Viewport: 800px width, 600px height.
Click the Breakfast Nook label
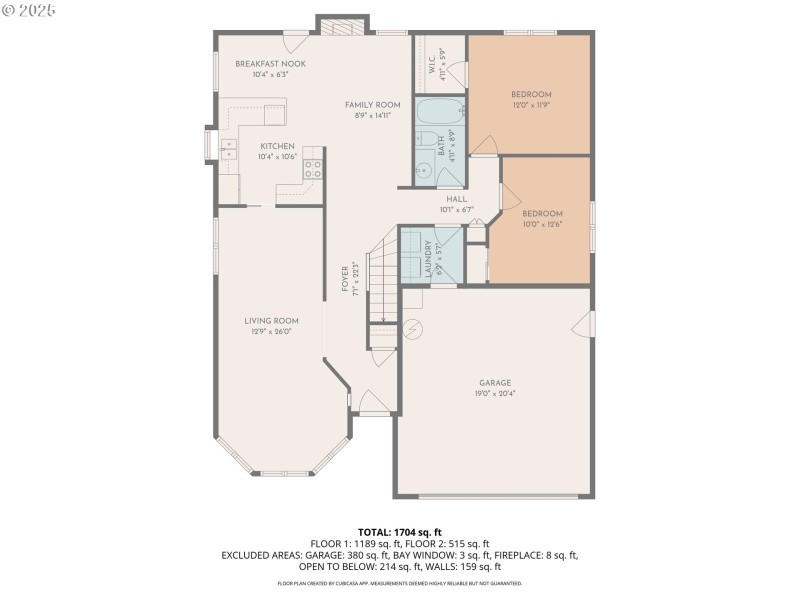point(271,63)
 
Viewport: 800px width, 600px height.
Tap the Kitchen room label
point(277,146)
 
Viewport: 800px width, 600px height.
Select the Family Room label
point(372,104)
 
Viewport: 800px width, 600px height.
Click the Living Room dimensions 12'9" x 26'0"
point(272,332)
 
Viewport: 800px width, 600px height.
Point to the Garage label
point(495,382)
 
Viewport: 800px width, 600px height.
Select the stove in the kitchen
point(313,168)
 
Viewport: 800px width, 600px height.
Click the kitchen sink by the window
point(229,150)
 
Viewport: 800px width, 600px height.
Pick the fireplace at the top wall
point(344,27)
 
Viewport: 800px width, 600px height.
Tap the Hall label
point(457,198)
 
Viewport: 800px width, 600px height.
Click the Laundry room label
point(428,257)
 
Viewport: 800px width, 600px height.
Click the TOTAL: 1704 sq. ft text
point(399,531)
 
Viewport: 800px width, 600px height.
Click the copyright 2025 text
point(31,9)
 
